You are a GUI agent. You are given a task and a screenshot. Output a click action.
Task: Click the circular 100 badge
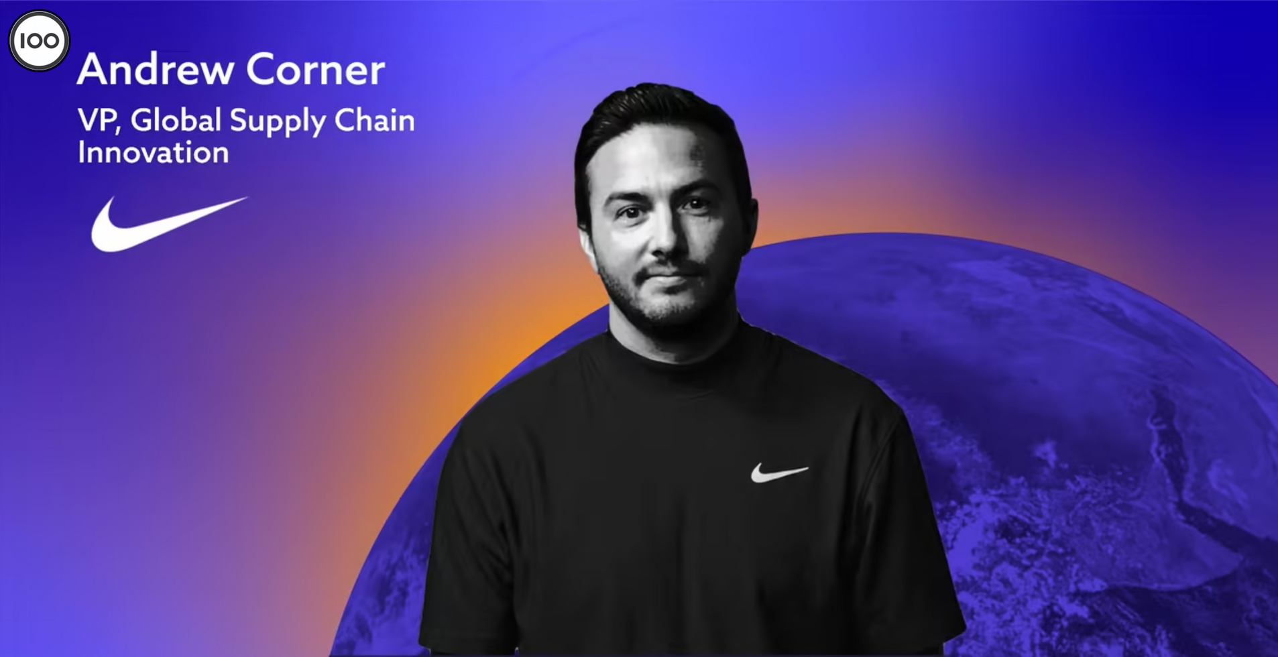[39, 41]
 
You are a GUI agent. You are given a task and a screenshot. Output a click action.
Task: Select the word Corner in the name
[316, 69]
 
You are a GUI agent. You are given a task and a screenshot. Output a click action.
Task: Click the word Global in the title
[176, 120]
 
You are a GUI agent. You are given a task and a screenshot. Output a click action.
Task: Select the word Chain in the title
[374, 120]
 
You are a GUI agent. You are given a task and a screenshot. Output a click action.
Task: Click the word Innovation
[154, 153]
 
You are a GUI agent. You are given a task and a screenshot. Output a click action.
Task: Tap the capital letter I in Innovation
[80, 152]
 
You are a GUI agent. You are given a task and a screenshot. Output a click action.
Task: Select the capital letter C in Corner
[260, 69]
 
